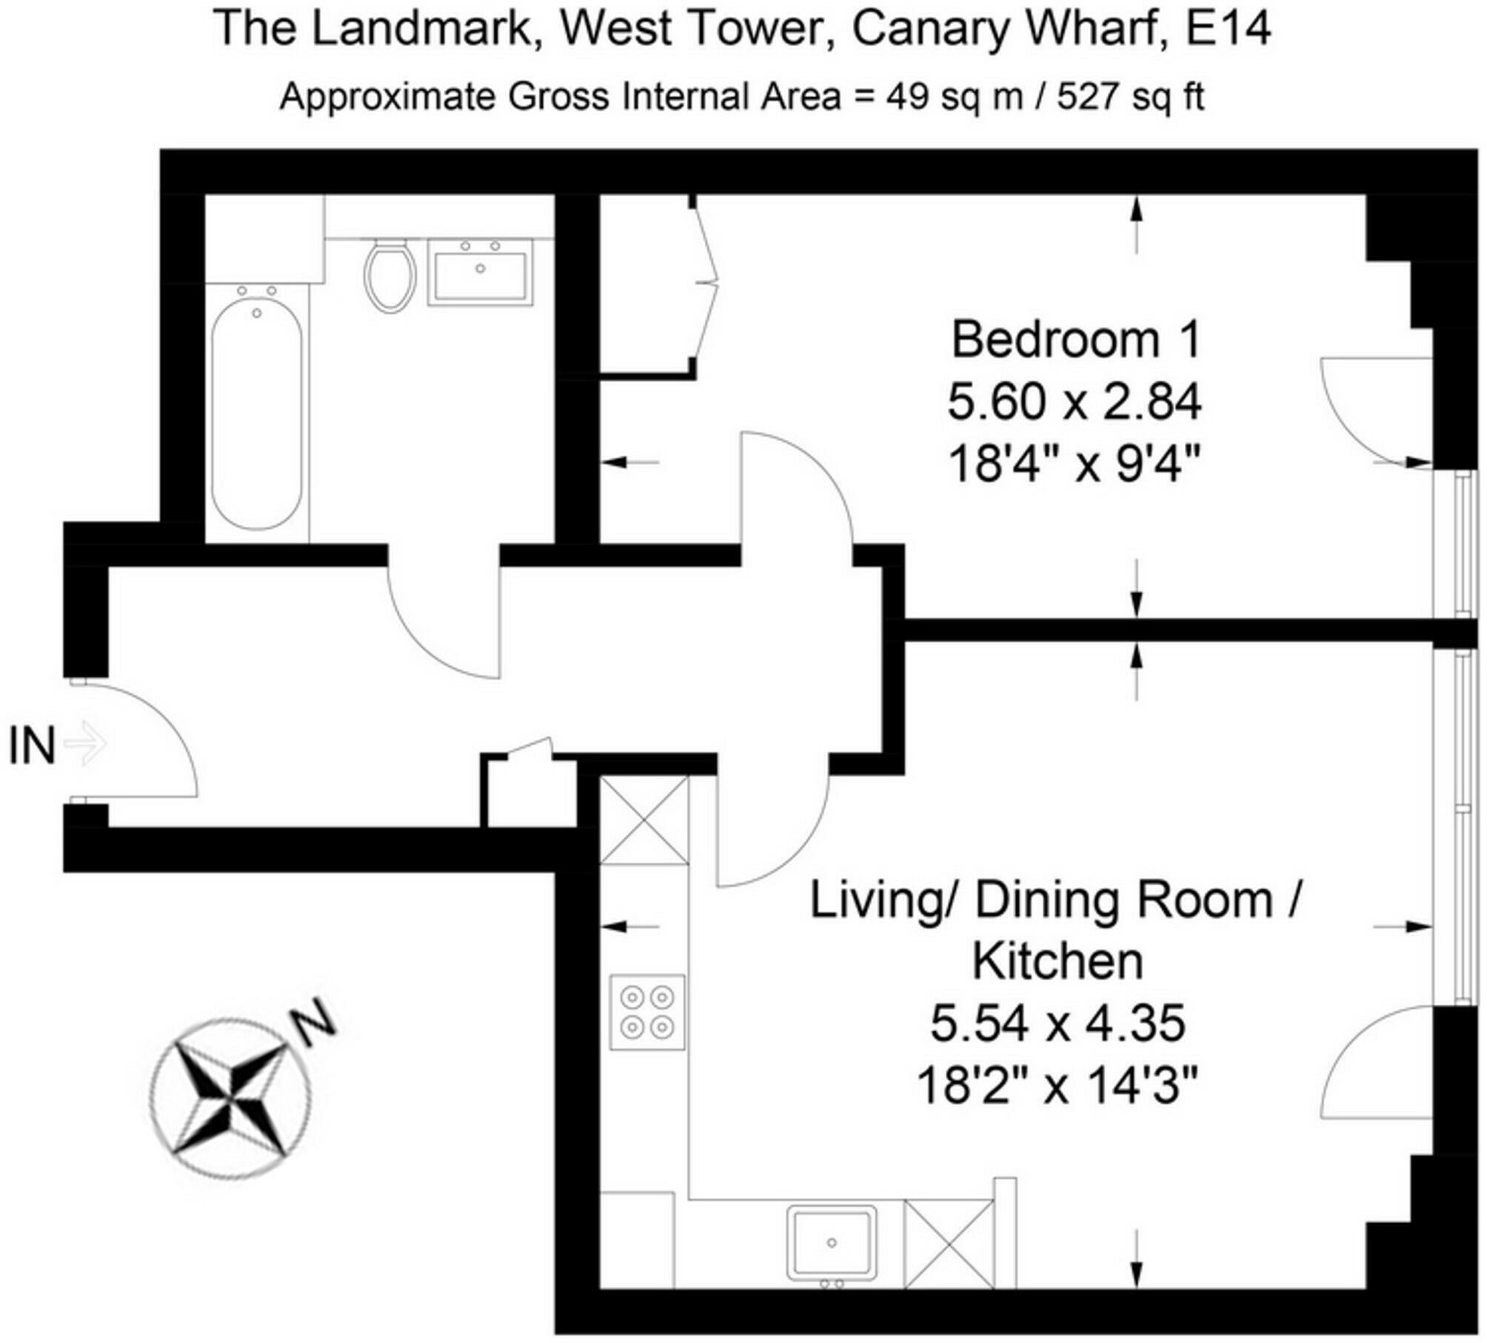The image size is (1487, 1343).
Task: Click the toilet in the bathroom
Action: [388, 275]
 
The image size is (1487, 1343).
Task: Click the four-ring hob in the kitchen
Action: [646, 1012]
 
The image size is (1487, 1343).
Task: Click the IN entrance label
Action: [31, 746]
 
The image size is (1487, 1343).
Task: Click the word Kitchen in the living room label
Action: [1057, 962]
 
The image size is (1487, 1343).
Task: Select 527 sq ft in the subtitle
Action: [1130, 97]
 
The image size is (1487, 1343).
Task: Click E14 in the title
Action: [1227, 29]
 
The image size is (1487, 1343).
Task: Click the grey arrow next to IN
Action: [87, 743]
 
